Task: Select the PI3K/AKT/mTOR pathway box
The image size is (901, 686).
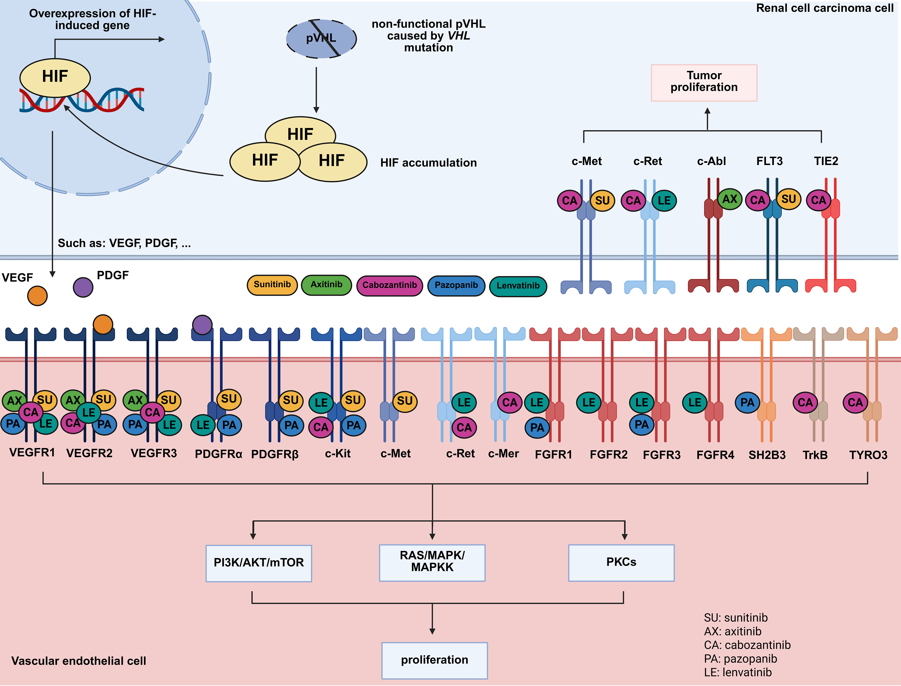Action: (x=259, y=563)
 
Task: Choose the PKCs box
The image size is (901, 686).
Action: (x=621, y=562)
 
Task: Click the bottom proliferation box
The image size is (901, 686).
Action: (x=434, y=660)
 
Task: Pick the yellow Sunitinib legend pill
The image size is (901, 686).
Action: (x=272, y=285)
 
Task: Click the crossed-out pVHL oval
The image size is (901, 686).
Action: (x=321, y=39)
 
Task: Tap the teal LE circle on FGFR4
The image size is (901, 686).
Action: (x=695, y=403)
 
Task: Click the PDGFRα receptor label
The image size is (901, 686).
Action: (x=218, y=454)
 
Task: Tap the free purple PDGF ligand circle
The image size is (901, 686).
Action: (x=83, y=288)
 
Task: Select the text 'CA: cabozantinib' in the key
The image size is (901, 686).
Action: (x=747, y=645)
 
